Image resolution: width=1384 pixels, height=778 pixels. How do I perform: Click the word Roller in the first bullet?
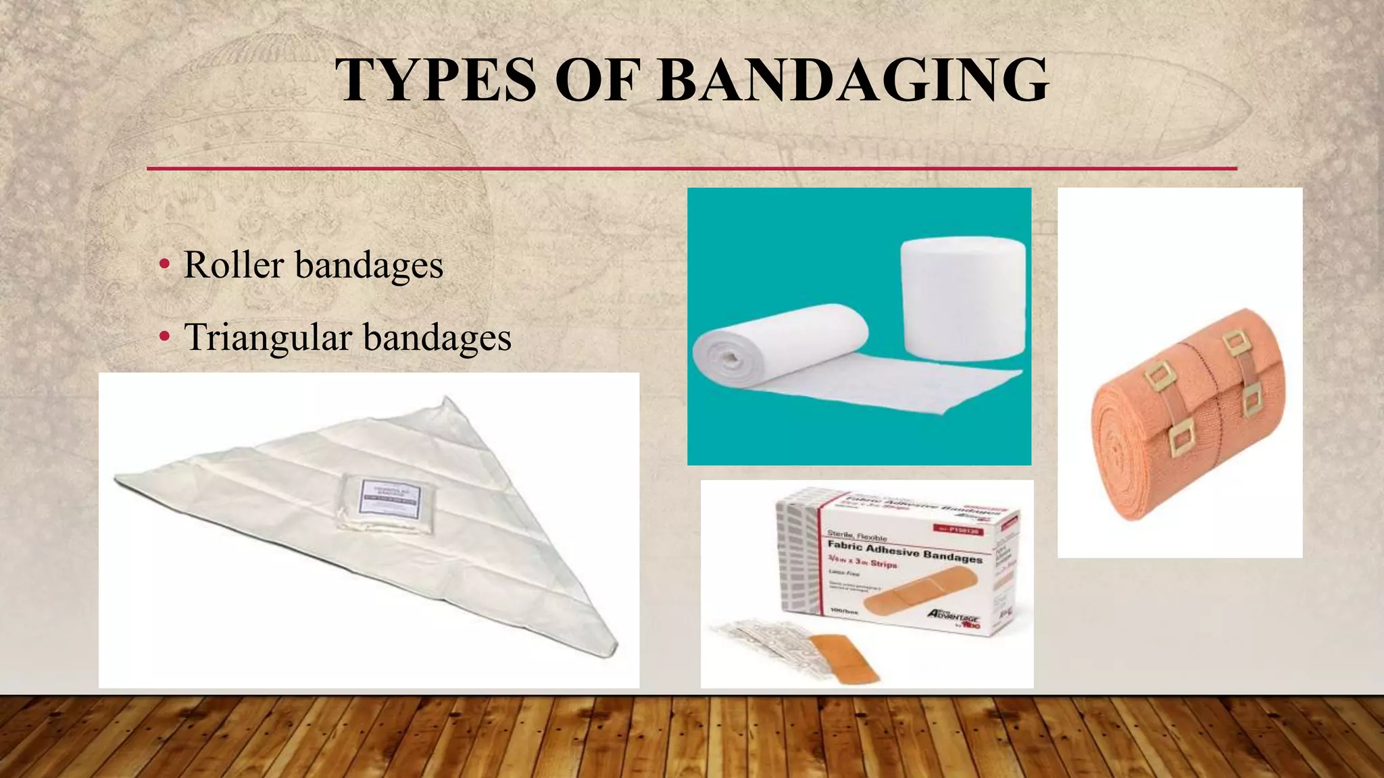(x=233, y=265)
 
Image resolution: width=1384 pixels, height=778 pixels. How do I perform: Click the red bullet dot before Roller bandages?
(x=164, y=265)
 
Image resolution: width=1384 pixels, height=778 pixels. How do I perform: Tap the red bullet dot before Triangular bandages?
(x=164, y=338)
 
